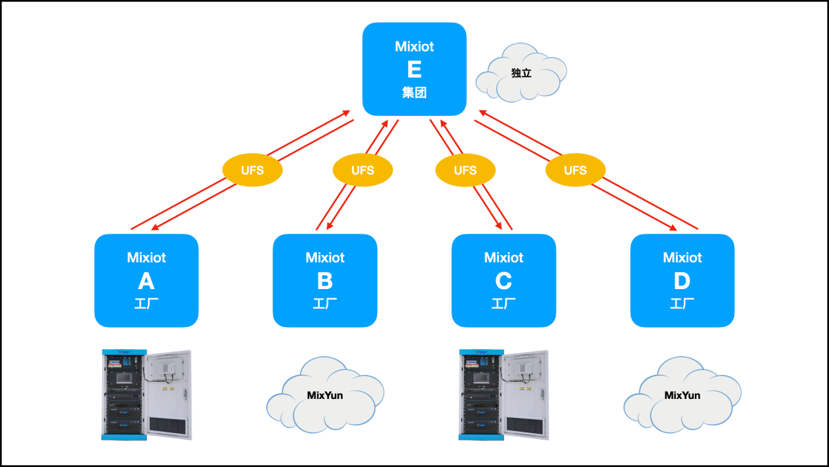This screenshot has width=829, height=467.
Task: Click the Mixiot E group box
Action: pyautogui.click(x=414, y=69)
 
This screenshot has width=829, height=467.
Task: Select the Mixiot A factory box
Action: pyautogui.click(x=146, y=280)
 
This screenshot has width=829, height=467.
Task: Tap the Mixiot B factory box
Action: pyautogui.click(x=324, y=280)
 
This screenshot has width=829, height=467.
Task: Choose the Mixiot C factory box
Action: pyautogui.click(x=503, y=280)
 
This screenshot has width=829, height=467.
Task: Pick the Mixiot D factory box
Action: pyautogui.click(x=682, y=280)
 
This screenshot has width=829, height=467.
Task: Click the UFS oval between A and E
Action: pyautogui.click(x=252, y=170)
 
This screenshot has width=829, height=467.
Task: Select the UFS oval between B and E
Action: pyautogui.click(x=362, y=170)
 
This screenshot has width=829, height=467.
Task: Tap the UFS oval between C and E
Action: pyautogui.click(x=465, y=170)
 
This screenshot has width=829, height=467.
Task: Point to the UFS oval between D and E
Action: pyautogui.click(x=575, y=170)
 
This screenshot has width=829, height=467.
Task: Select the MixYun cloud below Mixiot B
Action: pyautogui.click(x=325, y=395)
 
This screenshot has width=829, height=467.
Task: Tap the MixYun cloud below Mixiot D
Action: pyautogui.click(x=682, y=395)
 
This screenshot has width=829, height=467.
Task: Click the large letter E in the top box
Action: pyautogui.click(x=414, y=69)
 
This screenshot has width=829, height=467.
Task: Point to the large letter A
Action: pyautogui.click(x=146, y=281)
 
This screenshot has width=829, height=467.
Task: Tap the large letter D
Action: pyautogui.click(x=682, y=281)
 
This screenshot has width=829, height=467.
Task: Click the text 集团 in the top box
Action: pyautogui.click(x=414, y=93)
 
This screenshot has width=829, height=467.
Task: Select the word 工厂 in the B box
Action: pyautogui.click(x=324, y=303)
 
